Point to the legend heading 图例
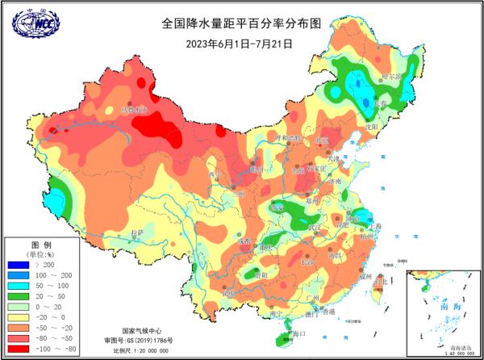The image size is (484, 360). click(x=41, y=244)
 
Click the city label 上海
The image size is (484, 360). click(x=373, y=206)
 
